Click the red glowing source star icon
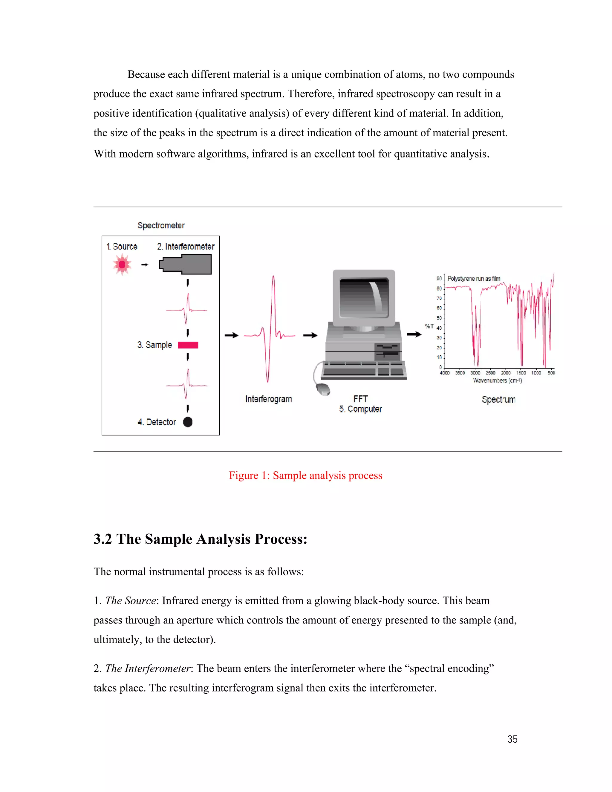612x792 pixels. click(x=122, y=265)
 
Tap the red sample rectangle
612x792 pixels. click(x=188, y=345)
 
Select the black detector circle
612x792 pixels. click(x=188, y=422)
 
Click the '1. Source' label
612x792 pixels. click(x=122, y=247)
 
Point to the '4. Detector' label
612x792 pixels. click(x=157, y=422)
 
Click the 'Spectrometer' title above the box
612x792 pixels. click(x=161, y=226)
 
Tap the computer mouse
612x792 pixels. click(x=323, y=389)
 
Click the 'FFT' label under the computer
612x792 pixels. click(x=360, y=399)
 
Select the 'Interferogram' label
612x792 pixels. click(x=268, y=399)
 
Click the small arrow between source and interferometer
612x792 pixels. click(x=145, y=265)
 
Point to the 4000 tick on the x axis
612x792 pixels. click(x=444, y=373)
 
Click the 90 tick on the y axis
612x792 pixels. click(x=439, y=279)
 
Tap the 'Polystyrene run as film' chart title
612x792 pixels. click(x=474, y=279)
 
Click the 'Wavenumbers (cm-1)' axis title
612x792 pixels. click(x=498, y=380)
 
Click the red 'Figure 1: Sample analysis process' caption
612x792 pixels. click(x=305, y=475)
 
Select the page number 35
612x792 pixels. click(x=512, y=739)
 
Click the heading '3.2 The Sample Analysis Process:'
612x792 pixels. click(x=200, y=539)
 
